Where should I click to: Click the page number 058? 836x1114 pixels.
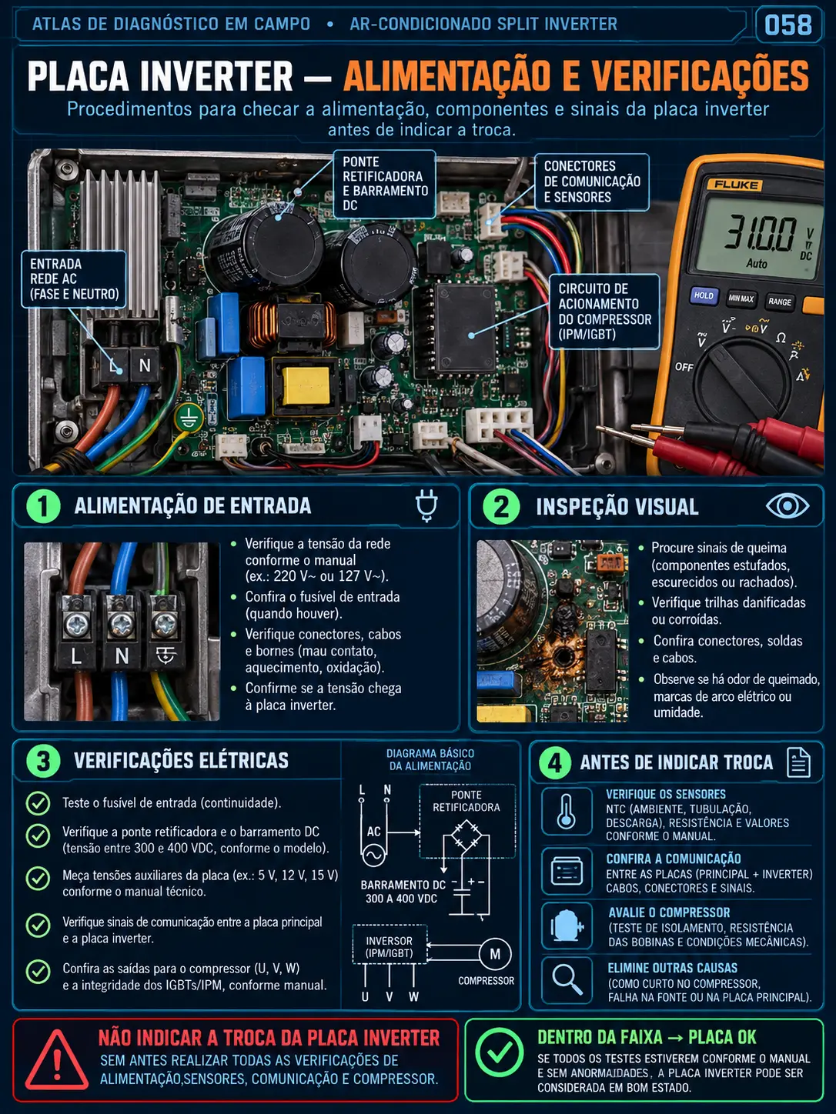point(788,25)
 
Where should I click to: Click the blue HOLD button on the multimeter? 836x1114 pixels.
point(704,295)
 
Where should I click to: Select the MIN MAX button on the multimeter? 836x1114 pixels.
point(741,299)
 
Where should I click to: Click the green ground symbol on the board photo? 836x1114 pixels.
point(189,419)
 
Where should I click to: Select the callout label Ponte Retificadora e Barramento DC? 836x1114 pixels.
point(385,184)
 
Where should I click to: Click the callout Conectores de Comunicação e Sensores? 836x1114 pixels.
point(592,182)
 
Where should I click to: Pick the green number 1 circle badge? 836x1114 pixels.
point(44,506)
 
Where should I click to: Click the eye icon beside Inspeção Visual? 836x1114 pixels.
point(788,506)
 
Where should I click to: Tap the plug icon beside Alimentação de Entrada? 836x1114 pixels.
point(426,506)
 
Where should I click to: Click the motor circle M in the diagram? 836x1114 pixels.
point(495,954)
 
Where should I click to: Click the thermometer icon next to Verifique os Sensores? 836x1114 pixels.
point(567,812)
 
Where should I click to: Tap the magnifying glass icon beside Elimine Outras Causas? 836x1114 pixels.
point(567,980)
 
